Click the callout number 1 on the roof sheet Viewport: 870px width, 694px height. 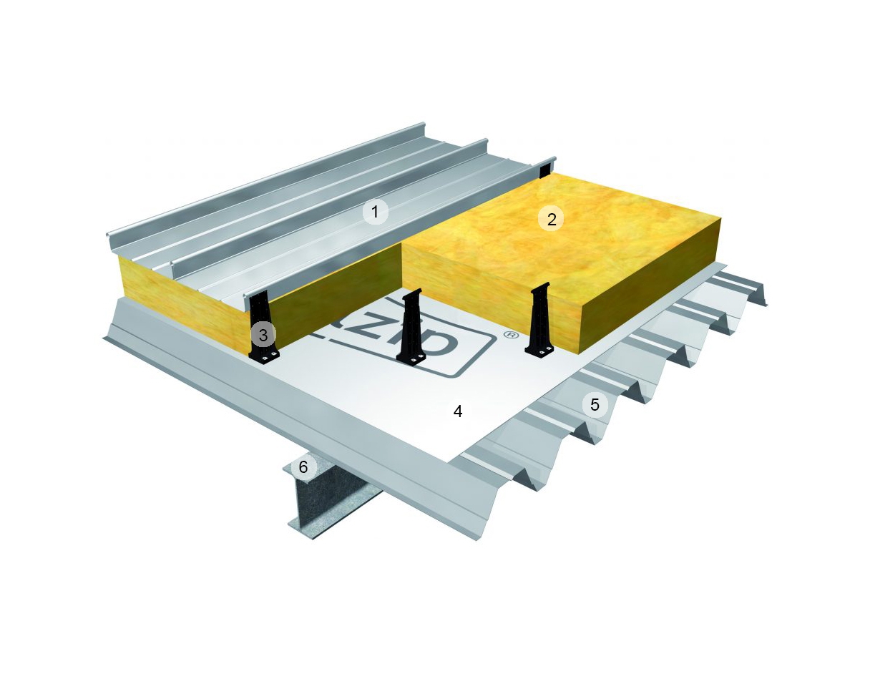pyautogui.click(x=374, y=212)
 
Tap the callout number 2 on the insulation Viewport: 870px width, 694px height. pyautogui.click(x=551, y=219)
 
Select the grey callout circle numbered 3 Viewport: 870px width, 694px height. pyautogui.click(x=263, y=334)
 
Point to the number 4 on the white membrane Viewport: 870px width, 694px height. pyautogui.click(x=458, y=411)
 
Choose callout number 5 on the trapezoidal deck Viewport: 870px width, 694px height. pyautogui.click(x=595, y=405)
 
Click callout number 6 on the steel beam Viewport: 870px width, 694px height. pyautogui.click(x=303, y=467)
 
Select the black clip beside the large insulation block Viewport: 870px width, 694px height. pyautogui.click(x=539, y=318)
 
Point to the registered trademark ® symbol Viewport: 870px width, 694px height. pyautogui.click(x=510, y=335)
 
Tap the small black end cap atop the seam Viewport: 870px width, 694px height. pyautogui.click(x=544, y=169)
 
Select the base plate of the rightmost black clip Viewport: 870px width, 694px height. pyautogui.click(x=539, y=350)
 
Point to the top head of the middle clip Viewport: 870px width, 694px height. pyautogui.click(x=414, y=293)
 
